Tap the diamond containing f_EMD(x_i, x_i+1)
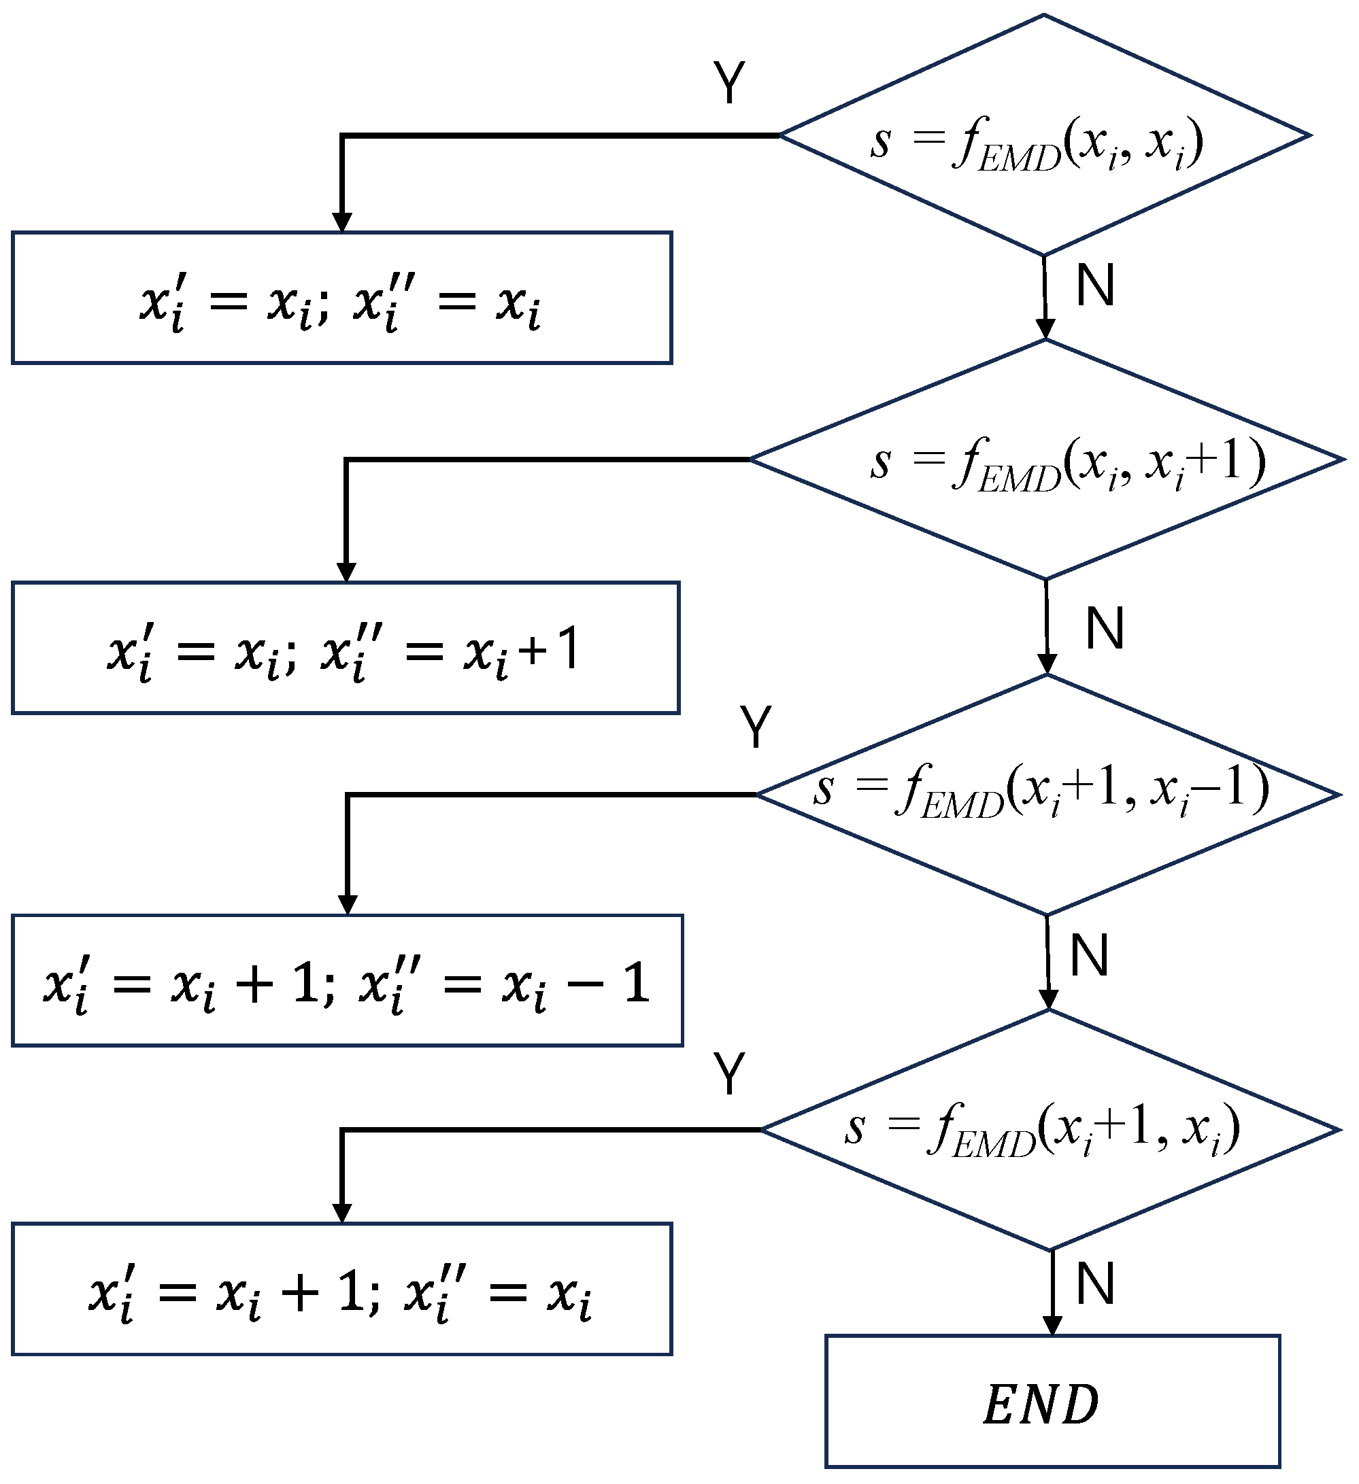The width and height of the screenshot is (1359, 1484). (1046, 460)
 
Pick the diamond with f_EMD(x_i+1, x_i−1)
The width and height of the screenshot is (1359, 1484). (1047, 795)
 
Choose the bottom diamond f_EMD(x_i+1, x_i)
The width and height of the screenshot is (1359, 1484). (1050, 1130)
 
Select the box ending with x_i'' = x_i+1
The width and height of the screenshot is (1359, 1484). (345, 649)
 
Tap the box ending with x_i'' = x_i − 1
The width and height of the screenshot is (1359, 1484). (347, 980)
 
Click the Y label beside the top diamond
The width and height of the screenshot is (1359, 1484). (729, 82)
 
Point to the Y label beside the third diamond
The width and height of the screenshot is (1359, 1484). (756, 727)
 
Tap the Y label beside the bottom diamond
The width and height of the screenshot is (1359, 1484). (729, 1074)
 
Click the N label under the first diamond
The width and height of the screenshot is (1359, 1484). (1094, 286)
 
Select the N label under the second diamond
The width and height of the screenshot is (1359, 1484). (1104, 629)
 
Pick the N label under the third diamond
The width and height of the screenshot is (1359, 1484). (1089, 956)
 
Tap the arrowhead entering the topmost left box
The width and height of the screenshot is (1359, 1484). (341, 222)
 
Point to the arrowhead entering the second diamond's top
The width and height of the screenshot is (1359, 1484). (1045, 329)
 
